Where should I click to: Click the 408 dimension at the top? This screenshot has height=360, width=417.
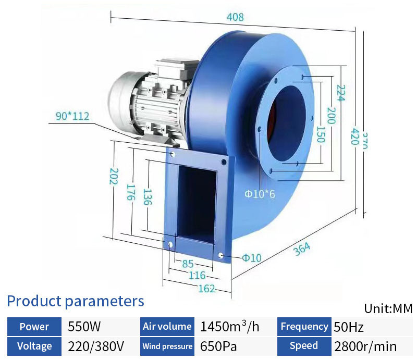pyautogui.click(x=235, y=17)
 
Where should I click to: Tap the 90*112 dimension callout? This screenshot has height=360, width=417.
pyautogui.click(x=73, y=116)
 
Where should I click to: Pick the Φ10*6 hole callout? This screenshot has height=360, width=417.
pyautogui.click(x=260, y=194)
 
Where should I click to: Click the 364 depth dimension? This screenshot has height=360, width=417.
pyautogui.click(x=302, y=249)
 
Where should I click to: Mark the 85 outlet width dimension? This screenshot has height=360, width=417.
pyautogui.click(x=188, y=264)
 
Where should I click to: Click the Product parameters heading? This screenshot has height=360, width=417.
pyautogui.click(x=75, y=301)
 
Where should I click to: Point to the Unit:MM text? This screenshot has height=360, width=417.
pyautogui.click(x=388, y=308)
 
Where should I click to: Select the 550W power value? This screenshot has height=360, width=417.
pyautogui.click(x=84, y=327)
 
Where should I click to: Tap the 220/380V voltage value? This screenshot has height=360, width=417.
pyautogui.click(x=96, y=346)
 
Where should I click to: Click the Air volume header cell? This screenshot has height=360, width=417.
pyautogui.click(x=167, y=327)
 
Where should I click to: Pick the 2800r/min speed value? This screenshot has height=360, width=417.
pyautogui.click(x=365, y=346)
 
